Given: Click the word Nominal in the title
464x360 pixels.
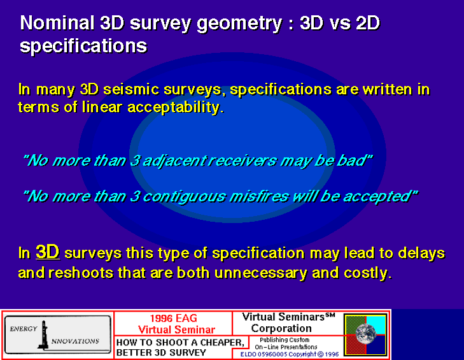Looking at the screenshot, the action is pos(57,23).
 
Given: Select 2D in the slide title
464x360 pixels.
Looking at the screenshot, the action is pos(368,23).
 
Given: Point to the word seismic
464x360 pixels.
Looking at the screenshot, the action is pos(132,89).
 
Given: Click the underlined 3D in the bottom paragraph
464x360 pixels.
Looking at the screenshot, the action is pos(48,252).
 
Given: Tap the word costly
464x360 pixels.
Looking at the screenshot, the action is pos(367,273).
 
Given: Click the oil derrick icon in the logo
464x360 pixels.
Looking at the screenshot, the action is pos(43,335).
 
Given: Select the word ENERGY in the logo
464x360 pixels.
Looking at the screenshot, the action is pos(24,329).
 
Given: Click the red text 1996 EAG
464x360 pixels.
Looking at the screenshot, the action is pos(173,318).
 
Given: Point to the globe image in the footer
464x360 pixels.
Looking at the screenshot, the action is pos(366,334).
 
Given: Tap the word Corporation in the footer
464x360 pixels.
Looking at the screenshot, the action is pos(281,329).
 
